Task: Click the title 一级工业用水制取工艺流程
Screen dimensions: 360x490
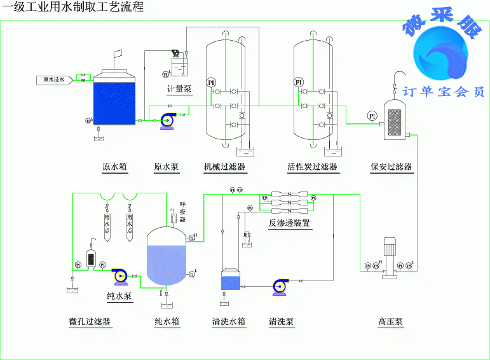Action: [x=74, y=8]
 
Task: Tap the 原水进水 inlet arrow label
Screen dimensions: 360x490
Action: [x=53, y=80]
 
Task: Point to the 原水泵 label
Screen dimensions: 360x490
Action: [x=167, y=167]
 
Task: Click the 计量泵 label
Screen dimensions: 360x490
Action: [x=179, y=89]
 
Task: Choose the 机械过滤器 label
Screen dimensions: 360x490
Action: [x=225, y=167]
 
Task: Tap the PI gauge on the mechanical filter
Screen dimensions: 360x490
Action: [x=212, y=83]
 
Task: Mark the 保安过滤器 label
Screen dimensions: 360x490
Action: [x=391, y=167]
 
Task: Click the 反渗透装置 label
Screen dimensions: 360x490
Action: [x=289, y=223]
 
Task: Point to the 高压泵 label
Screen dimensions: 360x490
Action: [x=390, y=322]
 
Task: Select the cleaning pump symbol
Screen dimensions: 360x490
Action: [x=279, y=286]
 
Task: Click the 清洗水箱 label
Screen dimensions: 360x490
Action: [x=229, y=322]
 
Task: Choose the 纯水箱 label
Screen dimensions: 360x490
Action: [x=167, y=322]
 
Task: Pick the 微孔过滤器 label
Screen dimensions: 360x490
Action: [x=90, y=322]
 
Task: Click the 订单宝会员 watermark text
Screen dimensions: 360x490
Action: [x=444, y=92]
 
